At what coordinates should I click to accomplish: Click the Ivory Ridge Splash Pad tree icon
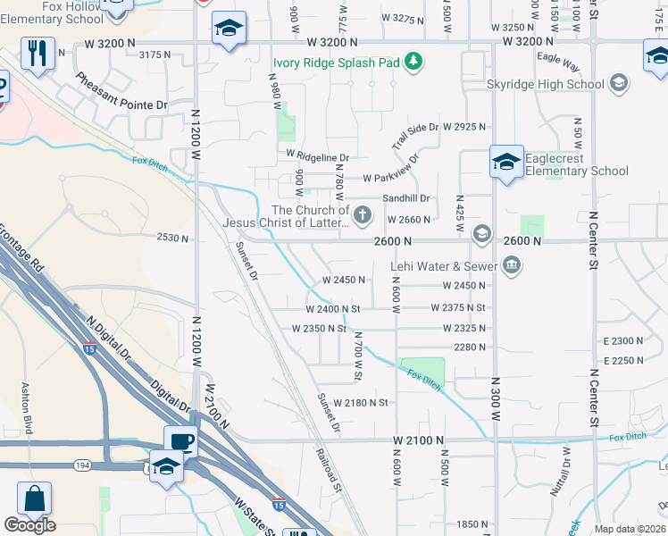(413, 62)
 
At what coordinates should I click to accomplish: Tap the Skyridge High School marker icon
(617, 85)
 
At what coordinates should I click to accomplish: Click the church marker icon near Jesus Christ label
(362, 214)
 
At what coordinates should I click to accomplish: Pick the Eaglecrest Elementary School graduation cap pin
(505, 163)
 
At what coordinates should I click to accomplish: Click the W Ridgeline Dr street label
(317, 156)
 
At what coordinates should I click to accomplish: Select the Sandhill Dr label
(406, 198)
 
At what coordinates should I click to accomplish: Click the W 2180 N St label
(361, 403)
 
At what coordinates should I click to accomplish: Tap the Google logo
(29, 525)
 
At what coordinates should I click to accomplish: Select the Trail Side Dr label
(415, 137)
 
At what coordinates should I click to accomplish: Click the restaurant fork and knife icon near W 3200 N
(37, 54)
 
